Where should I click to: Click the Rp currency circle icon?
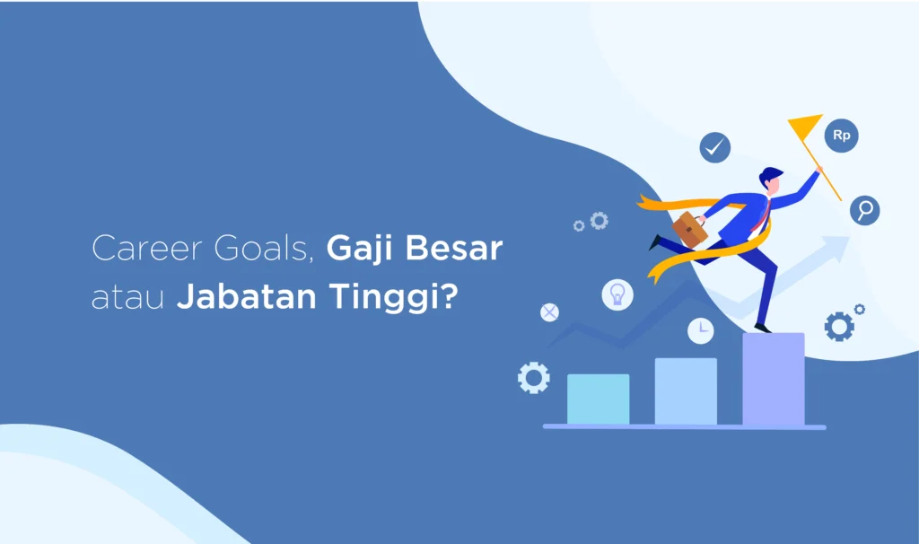pos(841,136)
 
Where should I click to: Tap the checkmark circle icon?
pos(715,147)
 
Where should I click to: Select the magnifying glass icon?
pos(865,210)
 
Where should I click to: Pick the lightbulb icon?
pos(617,294)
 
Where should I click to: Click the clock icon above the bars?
pos(701,330)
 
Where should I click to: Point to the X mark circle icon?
pos(549,312)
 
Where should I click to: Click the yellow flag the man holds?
pos(805,127)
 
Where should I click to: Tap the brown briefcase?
pos(689,229)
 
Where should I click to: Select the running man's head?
pos(770,179)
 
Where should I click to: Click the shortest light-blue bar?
pos(598,399)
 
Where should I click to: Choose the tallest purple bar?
pos(773,379)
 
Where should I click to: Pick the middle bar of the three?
pos(686,390)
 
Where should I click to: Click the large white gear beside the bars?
pos(533,377)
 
